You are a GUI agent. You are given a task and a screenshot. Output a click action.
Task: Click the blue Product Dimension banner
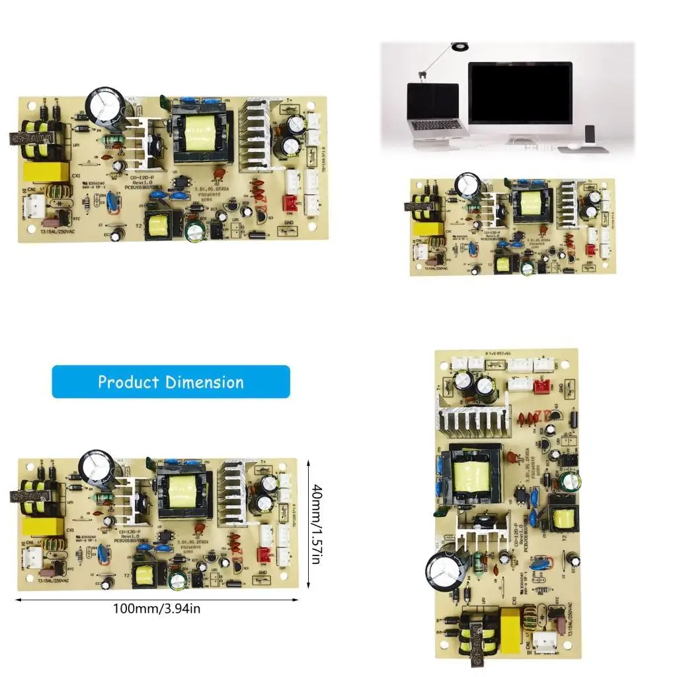(171, 381)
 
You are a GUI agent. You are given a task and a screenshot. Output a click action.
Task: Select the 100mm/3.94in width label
(156, 608)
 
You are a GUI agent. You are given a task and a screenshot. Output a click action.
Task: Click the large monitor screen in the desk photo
(520, 93)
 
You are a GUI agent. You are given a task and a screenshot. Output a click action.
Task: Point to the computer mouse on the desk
(573, 146)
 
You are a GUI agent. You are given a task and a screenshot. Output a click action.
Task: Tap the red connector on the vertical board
(541, 385)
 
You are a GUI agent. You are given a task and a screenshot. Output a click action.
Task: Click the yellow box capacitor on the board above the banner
(46, 171)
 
